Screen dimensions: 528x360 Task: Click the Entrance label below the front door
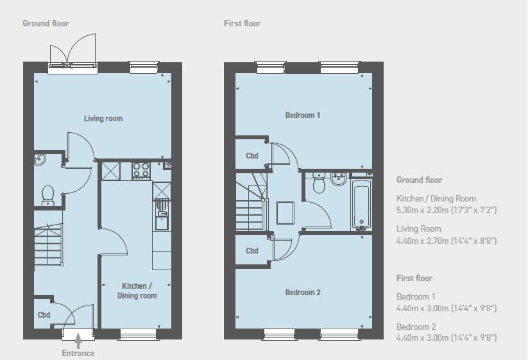78,354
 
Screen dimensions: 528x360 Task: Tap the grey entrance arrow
78,341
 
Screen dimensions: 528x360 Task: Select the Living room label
103,119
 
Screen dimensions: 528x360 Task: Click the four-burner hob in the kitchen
141,170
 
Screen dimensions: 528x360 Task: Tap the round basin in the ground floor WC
39,160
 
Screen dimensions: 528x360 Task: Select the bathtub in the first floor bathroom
361,204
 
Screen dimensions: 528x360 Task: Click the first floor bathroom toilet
319,184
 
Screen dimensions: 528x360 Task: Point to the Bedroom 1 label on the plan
302,116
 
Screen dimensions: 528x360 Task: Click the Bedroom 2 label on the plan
303,293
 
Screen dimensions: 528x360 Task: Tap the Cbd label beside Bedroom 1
252,156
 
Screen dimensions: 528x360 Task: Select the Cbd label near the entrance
44,315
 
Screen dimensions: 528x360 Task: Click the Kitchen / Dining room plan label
137,291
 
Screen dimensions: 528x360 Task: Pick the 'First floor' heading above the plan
243,24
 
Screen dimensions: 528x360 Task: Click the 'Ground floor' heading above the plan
46,24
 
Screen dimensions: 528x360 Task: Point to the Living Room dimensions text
447,241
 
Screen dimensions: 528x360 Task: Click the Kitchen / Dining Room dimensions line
447,210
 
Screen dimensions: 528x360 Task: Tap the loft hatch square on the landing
285,213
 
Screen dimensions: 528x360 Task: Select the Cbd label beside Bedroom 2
252,251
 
